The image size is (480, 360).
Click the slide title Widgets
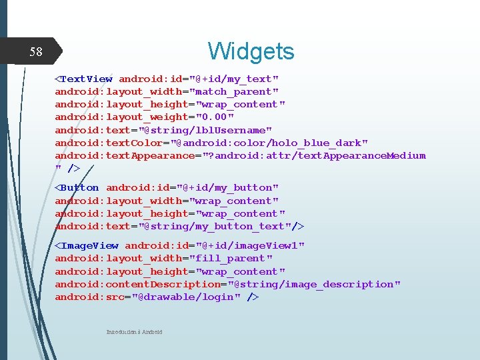pos(251,51)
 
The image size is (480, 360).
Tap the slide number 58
pos(36,52)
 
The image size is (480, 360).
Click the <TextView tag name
pos(83,79)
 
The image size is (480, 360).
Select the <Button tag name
pos(77,188)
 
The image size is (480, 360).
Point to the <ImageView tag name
pos(86,245)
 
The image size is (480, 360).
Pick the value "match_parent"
pos(234,91)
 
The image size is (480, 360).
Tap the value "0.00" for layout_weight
pos(211,117)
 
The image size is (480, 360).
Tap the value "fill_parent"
pos(231,258)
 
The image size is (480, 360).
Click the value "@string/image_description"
pos(314,284)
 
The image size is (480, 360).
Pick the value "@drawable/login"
pos(185,297)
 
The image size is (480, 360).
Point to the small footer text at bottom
pos(134,332)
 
